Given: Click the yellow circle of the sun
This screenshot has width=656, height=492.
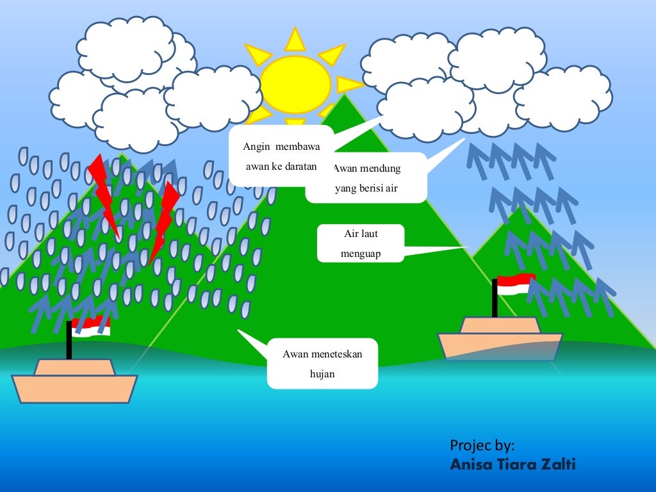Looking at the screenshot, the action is click(295, 84).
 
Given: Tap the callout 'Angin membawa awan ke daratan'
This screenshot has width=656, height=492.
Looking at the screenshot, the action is click(281, 156).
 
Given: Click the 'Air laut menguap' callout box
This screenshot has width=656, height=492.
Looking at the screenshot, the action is click(361, 243).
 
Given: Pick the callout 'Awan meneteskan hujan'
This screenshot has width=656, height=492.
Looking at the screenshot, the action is click(322, 363).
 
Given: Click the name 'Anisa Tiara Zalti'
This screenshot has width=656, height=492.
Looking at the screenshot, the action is click(512, 464).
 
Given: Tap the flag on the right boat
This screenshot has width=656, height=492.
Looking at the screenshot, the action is click(516, 284).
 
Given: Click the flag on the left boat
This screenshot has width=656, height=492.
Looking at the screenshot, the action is click(91, 326).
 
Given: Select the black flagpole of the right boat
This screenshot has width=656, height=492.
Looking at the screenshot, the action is click(495, 298).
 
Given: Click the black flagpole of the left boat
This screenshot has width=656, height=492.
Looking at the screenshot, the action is click(69, 340).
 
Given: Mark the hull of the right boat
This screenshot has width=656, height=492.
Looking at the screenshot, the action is click(500, 346).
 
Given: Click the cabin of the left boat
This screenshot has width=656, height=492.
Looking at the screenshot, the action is click(74, 366).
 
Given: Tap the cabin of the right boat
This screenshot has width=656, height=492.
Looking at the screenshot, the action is click(500, 325).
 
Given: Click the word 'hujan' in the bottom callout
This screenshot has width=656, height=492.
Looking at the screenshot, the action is click(322, 374).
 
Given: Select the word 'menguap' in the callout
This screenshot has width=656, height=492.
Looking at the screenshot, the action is click(361, 254).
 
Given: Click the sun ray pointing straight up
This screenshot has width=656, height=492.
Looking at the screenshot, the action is click(295, 40).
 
